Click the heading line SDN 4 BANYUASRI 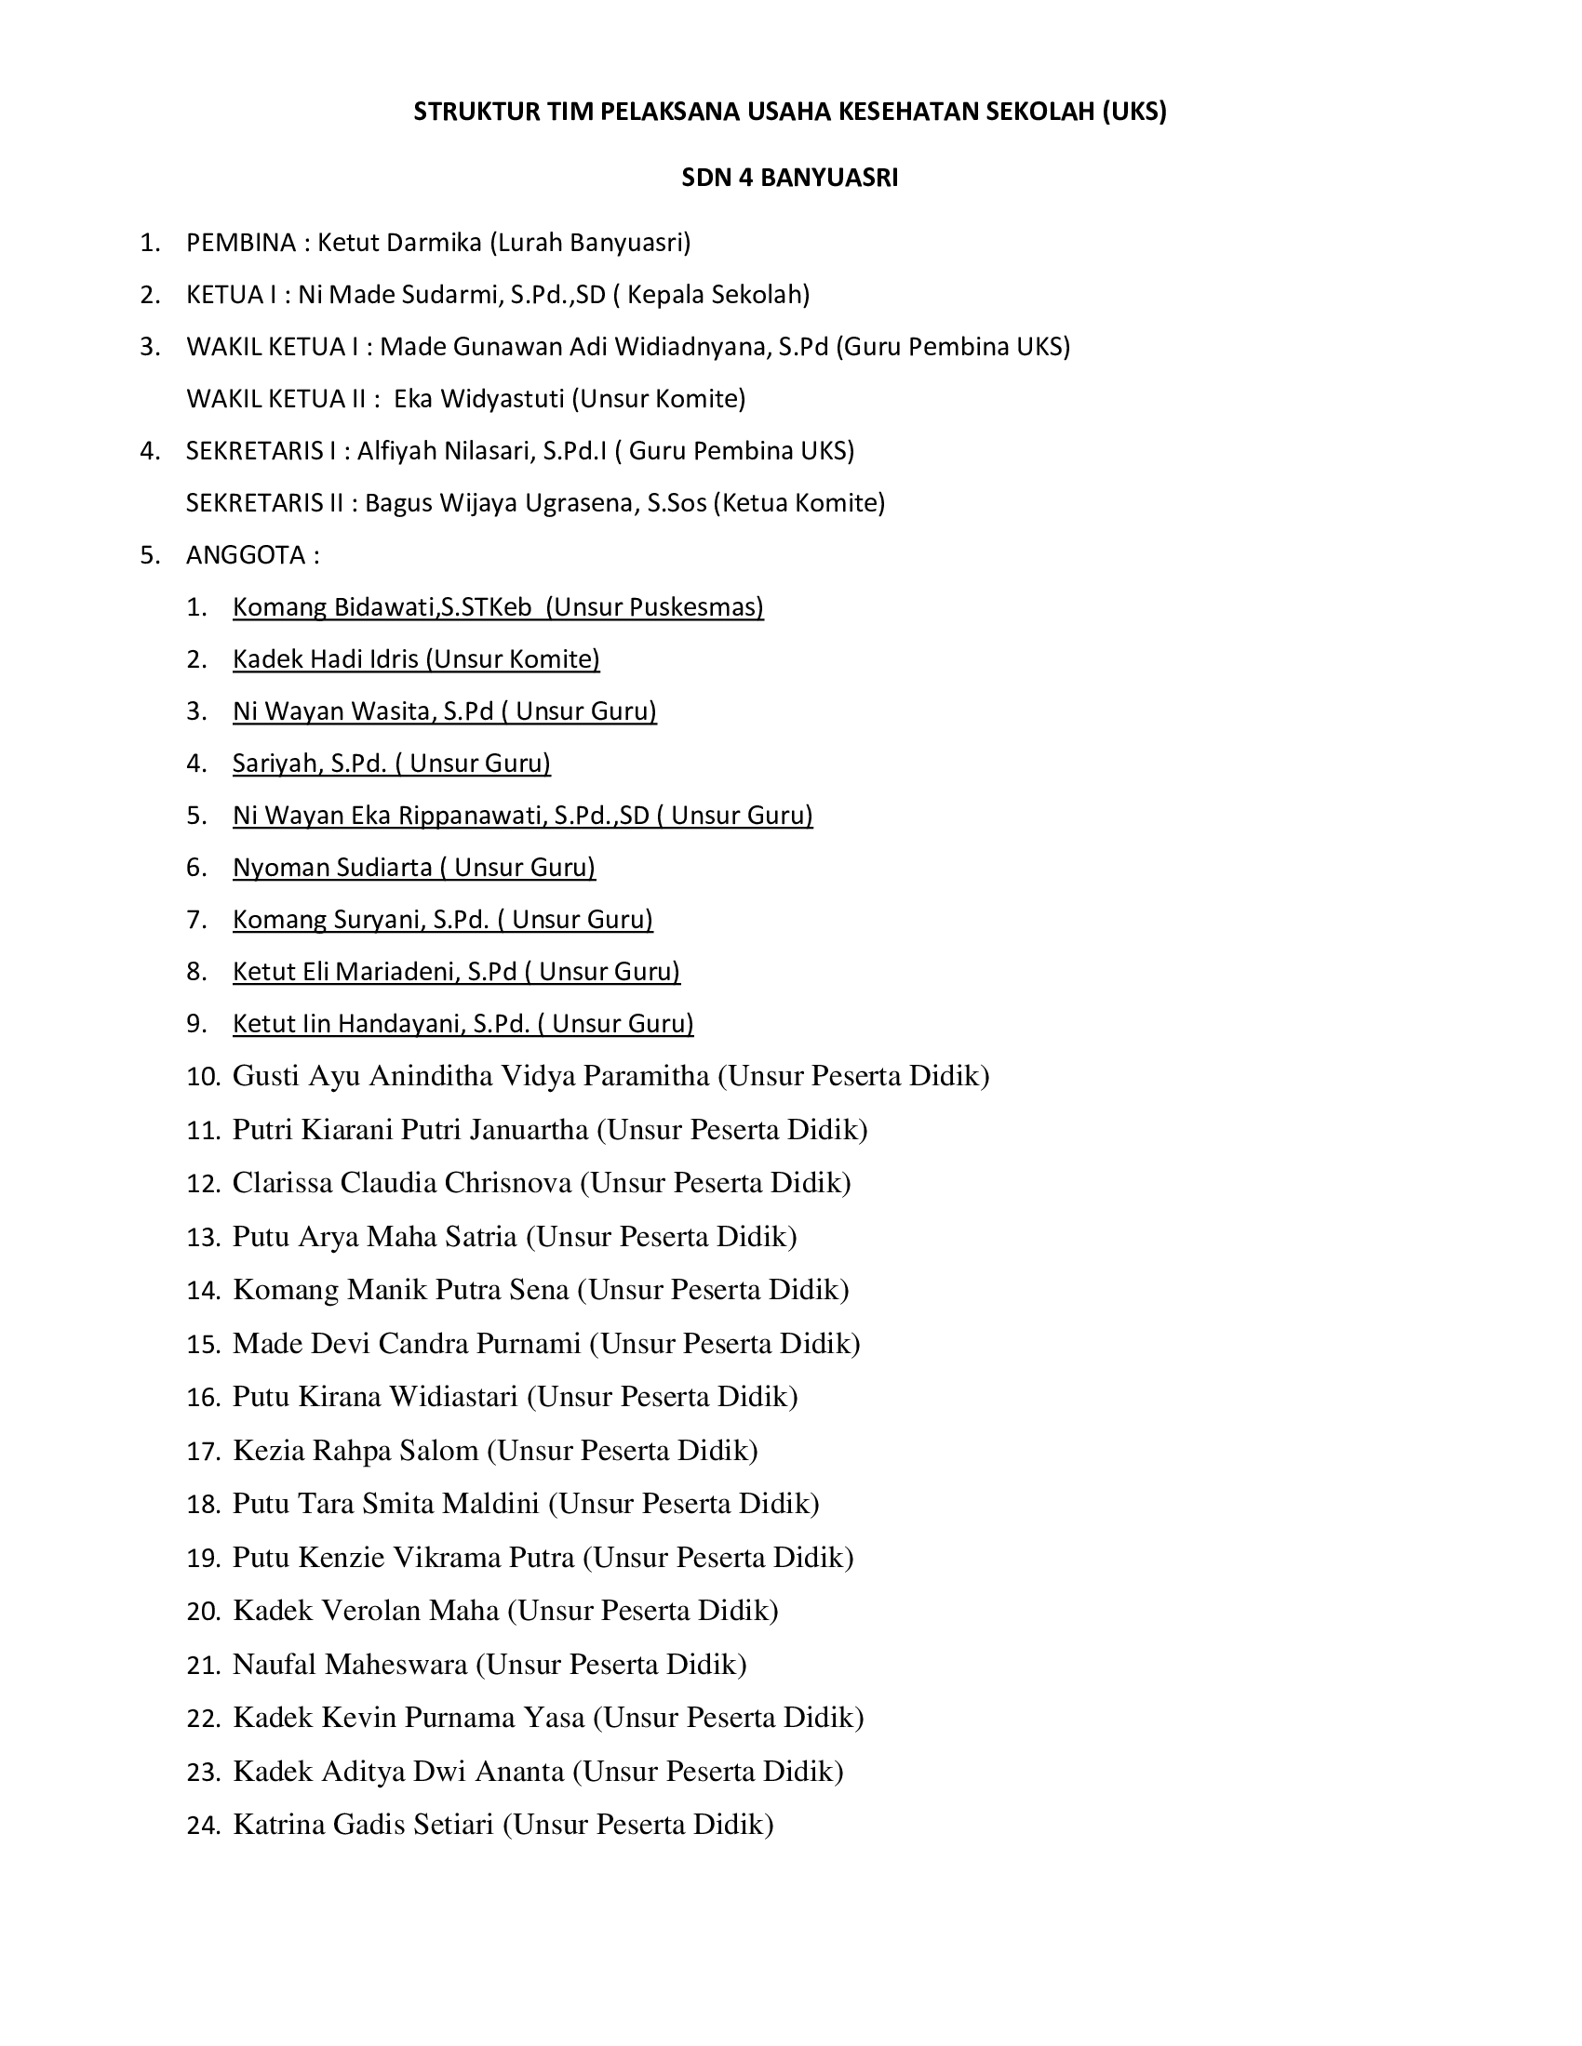coord(789,178)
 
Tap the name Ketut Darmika coord(400,243)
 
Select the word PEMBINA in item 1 coord(241,243)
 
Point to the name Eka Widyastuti coord(478,399)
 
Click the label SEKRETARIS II coord(265,503)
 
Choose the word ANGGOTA coord(246,555)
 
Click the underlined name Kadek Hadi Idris coord(326,659)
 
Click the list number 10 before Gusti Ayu coord(203,1076)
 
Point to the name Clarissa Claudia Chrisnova coord(402,1182)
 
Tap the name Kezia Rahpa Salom coord(355,1450)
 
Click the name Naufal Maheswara coord(350,1664)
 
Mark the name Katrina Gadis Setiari coord(363,1824)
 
